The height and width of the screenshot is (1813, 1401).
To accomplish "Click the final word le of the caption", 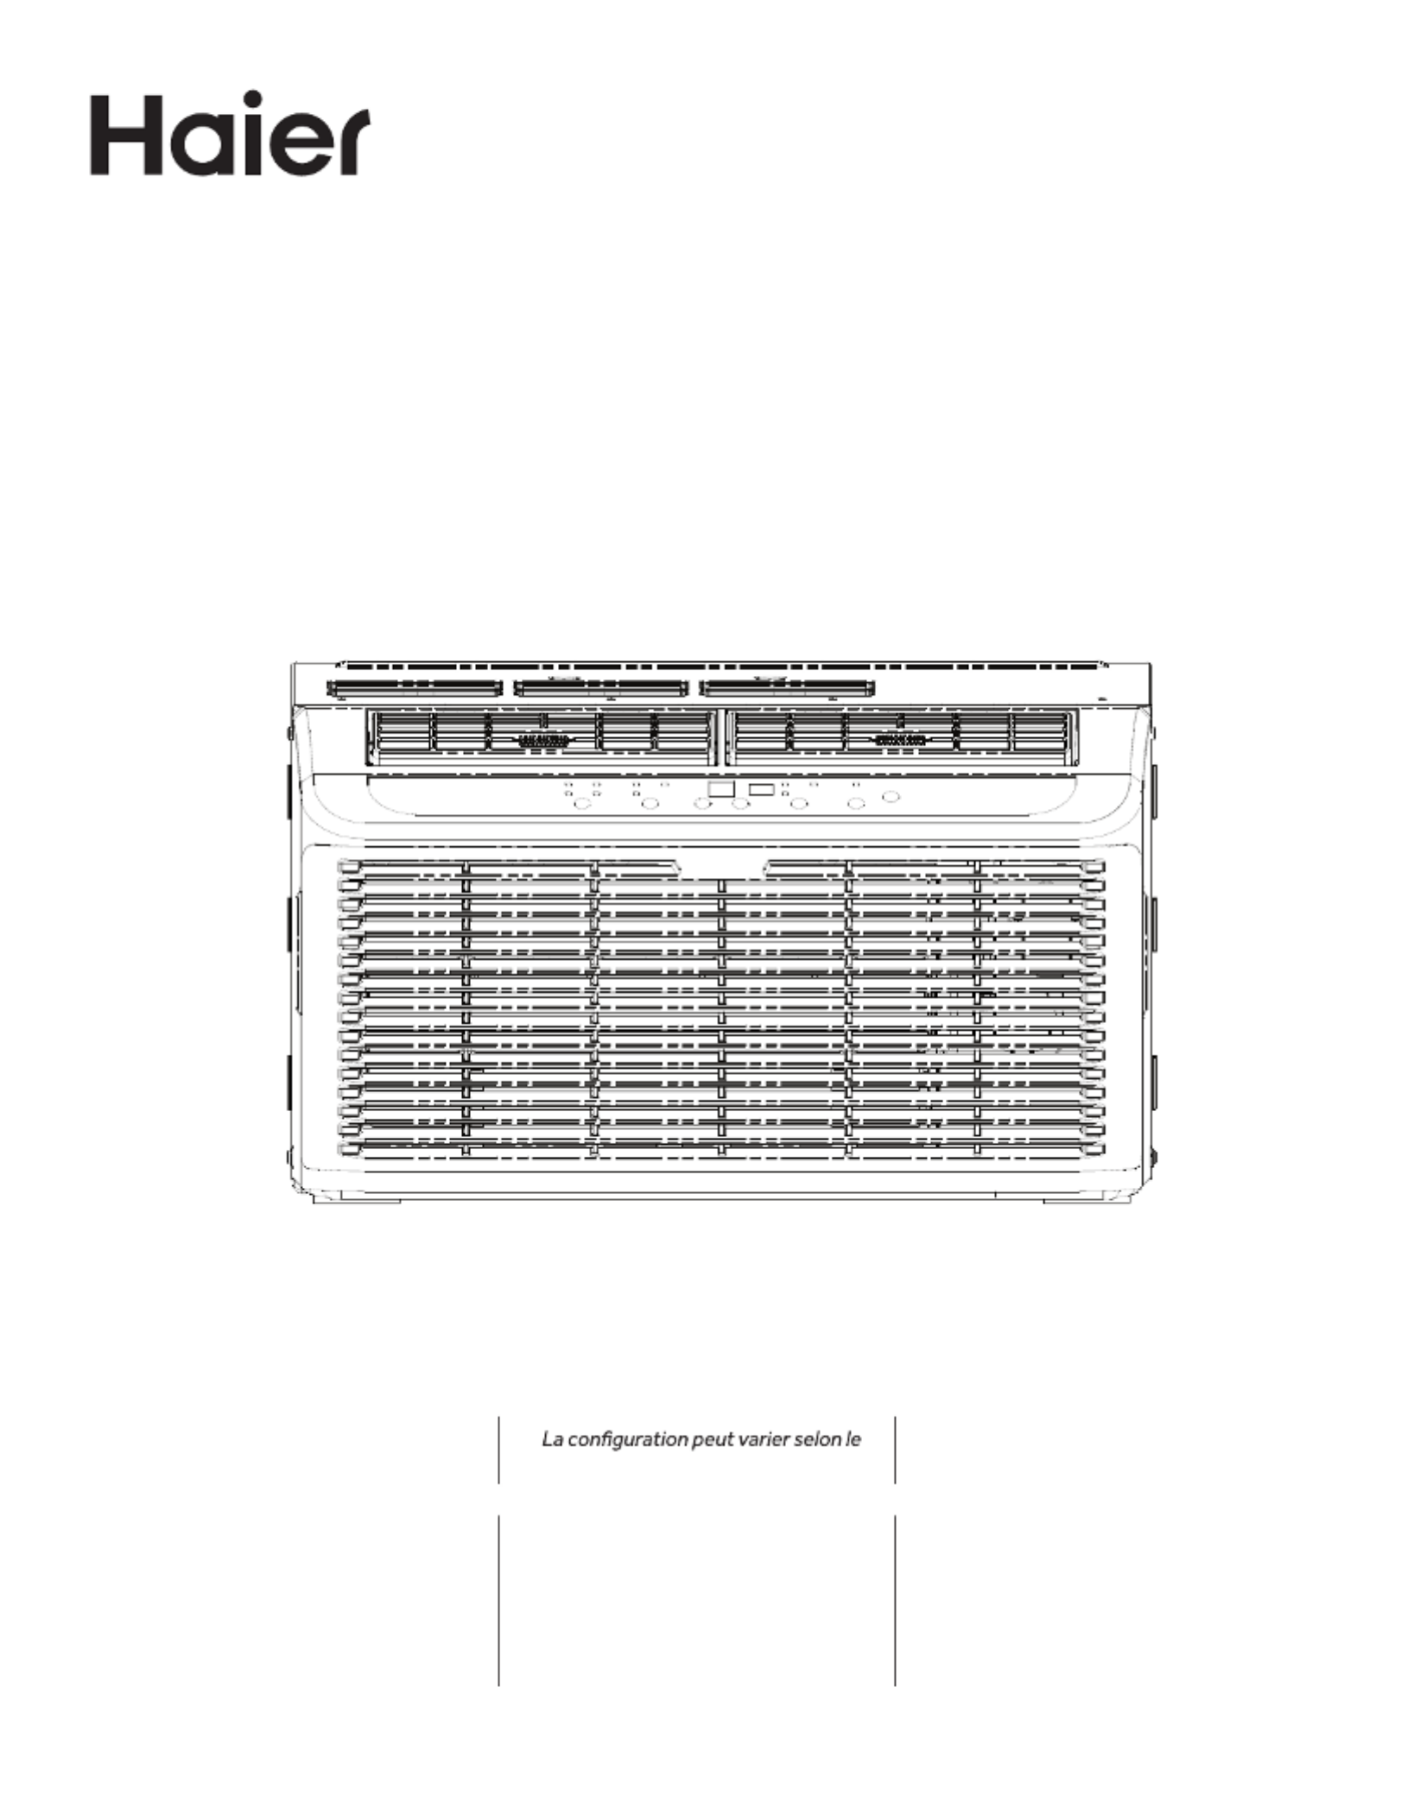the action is [854, 1439].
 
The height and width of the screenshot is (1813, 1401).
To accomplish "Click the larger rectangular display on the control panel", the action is [720, 789].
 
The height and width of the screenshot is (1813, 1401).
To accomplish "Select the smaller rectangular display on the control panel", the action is [761, 789].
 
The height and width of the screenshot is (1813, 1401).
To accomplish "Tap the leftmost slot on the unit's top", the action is [415, 689].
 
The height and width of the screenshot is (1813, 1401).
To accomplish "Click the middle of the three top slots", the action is [601, 689].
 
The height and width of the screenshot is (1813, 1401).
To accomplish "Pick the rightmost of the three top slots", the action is [787, 689].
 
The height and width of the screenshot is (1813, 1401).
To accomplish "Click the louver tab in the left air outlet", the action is [542, 740].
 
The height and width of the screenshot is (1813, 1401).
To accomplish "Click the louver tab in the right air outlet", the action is [900, 740].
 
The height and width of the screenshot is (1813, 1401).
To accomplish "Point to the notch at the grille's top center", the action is [721, 870].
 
